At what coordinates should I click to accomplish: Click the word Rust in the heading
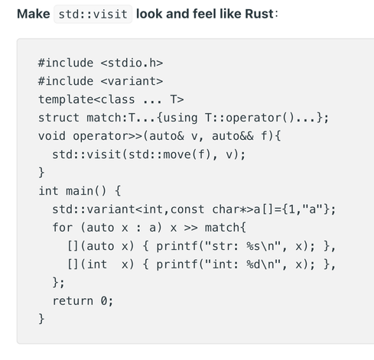(259, 14)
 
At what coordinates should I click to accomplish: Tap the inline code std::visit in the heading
(93, 14)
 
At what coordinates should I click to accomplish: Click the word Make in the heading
(34, 14)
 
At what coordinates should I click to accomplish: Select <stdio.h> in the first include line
(132, 63)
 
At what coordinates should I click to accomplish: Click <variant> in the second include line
(132, 81)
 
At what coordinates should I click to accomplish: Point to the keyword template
(66, 99)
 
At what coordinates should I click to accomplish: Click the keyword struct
(59, 118)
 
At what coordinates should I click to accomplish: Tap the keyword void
(52, 136)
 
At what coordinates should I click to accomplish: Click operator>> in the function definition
(107, 137)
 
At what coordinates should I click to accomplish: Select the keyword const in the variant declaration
(187, 209)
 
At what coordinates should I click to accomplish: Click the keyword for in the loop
(63, 228)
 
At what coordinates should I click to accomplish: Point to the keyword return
(73, 301)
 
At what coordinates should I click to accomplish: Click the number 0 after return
(104, 301)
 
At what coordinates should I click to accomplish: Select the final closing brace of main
(41, 319)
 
